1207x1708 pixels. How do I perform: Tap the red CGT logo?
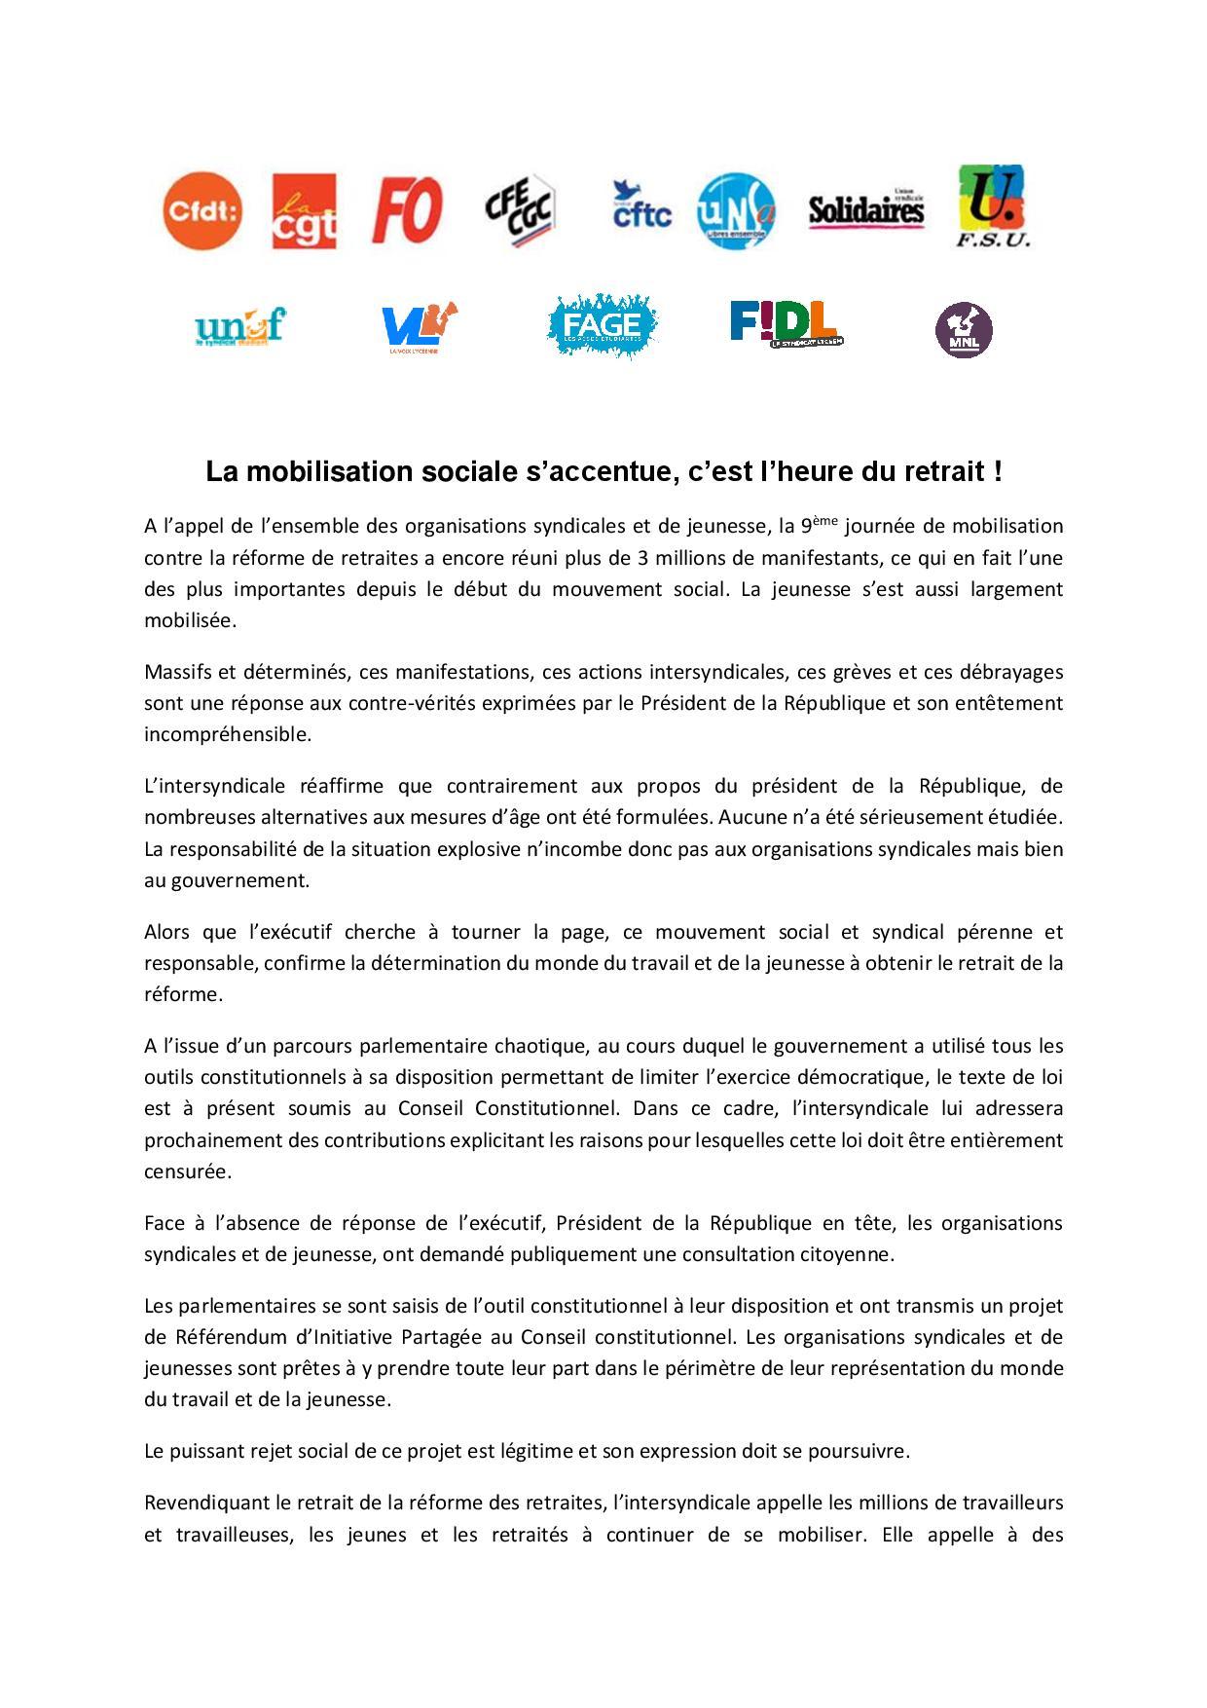(x=304, y=211)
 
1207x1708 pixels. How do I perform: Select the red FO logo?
(x=407, y=210)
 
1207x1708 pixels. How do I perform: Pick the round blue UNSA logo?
(x=737, y=210)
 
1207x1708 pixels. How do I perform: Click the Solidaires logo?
(x=866, y=208)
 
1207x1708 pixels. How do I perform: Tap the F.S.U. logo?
(x=993, y=205)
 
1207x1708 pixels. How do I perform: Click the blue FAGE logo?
(x=603, y=324)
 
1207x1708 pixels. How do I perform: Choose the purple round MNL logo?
(x=964, y=330)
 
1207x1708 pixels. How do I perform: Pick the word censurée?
(x=188, y=1171)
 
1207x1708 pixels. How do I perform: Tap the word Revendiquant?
(x=202, y=1504)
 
